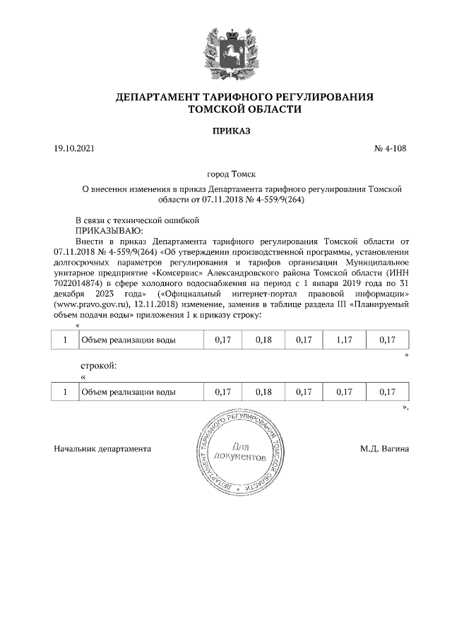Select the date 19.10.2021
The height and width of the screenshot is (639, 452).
(73, 150)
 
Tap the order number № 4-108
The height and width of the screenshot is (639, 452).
(390, 150)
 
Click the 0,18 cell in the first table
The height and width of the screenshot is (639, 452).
(262, 340)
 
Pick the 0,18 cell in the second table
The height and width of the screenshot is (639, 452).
(262, 392)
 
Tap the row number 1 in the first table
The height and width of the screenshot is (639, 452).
(65, 340)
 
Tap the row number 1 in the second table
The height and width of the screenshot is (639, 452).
(65, 392)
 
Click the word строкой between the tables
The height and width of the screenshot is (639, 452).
(95, 366)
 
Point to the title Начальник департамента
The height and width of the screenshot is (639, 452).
(102, 448)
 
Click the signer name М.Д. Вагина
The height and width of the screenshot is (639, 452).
(383, 448)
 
